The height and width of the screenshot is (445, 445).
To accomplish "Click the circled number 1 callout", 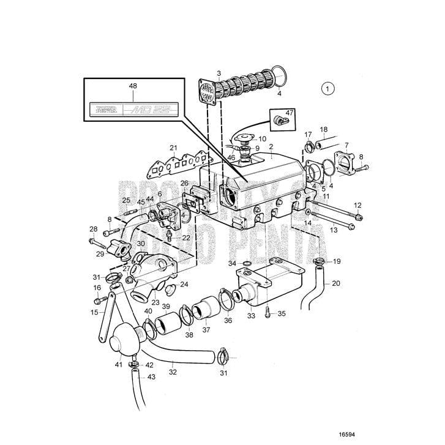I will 328,88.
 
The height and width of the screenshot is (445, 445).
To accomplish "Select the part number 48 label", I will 133,88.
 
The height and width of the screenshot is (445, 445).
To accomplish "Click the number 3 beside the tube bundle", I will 201,73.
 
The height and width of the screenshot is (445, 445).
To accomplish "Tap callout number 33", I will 252,316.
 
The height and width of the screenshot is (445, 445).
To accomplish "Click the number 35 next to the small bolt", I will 282,313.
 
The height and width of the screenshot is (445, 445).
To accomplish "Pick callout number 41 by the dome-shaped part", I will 118,364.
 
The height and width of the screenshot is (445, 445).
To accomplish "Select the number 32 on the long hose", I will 173,372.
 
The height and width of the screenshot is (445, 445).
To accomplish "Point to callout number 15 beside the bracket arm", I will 95,312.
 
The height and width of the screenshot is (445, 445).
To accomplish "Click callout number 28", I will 93,229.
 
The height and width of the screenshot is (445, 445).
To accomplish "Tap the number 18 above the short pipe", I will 324,130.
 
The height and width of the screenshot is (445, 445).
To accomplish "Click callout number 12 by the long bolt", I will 357,205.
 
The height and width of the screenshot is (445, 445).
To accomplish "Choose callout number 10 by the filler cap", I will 263,139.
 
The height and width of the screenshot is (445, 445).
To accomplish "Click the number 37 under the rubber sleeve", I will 206,330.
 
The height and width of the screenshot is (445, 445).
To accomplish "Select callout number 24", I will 184,284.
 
